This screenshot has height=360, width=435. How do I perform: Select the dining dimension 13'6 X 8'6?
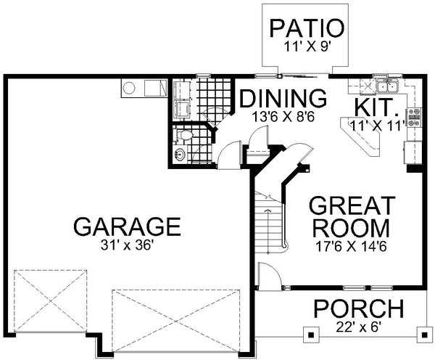[283, 115]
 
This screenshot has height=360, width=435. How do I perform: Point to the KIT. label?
[377, 107]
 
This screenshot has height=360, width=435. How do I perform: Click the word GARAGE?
[127, 226]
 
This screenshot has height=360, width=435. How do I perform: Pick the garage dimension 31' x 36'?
[127, 246]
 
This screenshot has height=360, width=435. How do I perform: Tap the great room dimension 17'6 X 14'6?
[352, 246]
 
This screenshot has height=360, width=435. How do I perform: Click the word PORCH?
[358, 308]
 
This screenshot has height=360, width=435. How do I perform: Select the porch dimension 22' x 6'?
[358, 327]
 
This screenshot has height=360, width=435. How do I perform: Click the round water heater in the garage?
[130, 89]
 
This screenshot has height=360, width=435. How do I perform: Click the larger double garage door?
[177, 317]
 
